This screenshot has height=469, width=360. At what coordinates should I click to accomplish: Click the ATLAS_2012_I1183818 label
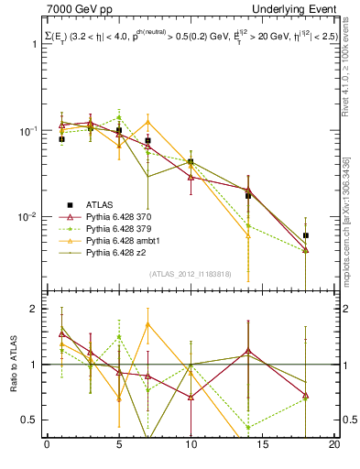pyautogui.click(x=189, y=273)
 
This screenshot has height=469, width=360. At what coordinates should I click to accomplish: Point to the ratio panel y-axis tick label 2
pyautogui.click(x=36, y=310)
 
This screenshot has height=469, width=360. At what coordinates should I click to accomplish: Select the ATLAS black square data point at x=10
pyautogui.click(x=191, y=161)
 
